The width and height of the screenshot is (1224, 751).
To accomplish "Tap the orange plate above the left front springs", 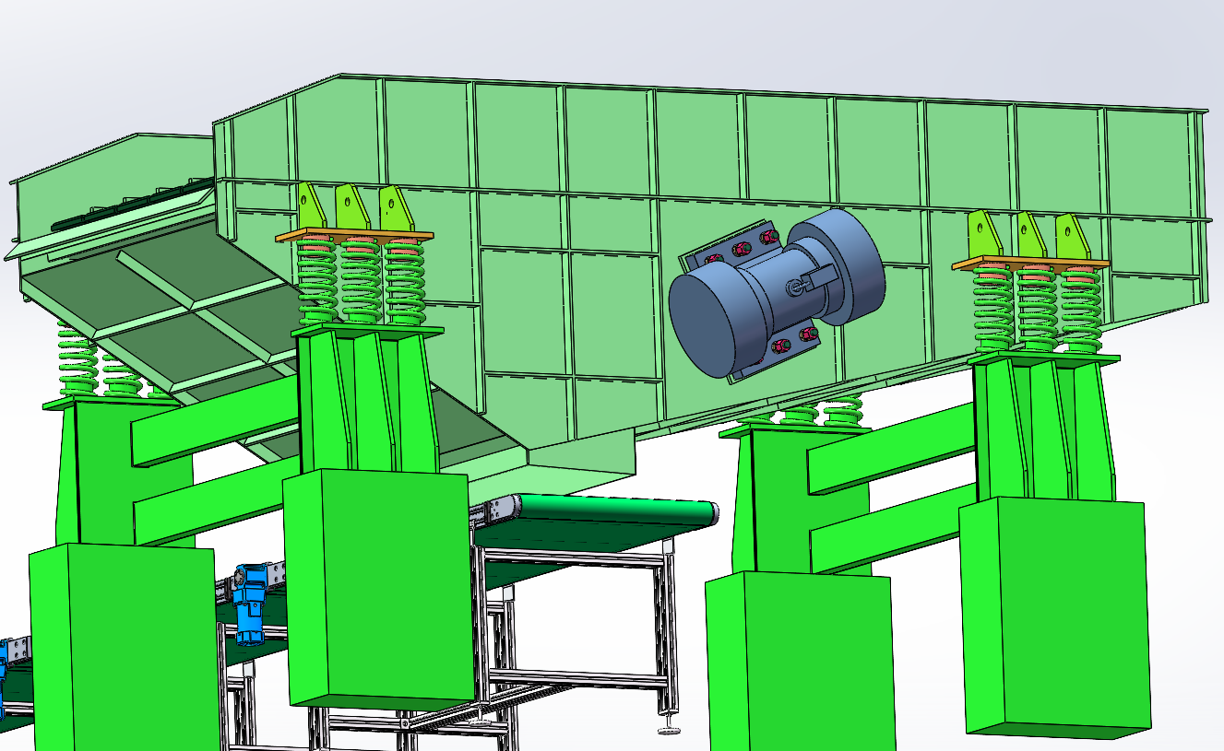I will [x=354, y=237].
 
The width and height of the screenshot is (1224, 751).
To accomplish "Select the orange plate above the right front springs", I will [x=1029, y=264].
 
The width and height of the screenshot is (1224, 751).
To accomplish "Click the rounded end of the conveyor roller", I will [x=715, y=513].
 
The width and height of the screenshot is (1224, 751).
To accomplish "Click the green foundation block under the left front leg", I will [x=378, y=590].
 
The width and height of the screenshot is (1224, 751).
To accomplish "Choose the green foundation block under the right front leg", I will [x=1056, y=617].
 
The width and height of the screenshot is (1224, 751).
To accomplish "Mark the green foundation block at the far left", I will [x=125, y=645].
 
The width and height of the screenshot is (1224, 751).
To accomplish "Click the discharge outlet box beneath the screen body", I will [x=581, y=461].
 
